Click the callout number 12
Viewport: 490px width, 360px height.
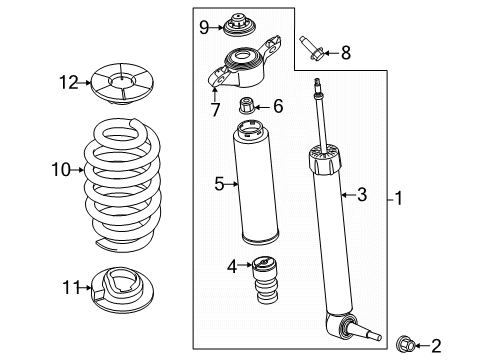point(69,82)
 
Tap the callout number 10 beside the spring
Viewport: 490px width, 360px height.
point(61,170)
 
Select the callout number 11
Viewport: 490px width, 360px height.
point(72,287)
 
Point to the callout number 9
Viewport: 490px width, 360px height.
point(204,27)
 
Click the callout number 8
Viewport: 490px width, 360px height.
point(346,53)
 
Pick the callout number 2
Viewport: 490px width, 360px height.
point(436,346)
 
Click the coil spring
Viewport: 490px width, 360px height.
point(122,185)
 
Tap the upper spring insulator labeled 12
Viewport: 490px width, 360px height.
point(122,83)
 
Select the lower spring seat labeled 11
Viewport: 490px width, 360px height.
point(122,290)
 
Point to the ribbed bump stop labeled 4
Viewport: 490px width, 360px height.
point(266,280)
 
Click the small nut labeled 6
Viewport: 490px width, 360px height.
point(247,105)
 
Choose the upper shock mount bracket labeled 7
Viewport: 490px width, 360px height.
point(244,63)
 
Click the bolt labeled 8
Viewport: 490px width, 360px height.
point(311,49)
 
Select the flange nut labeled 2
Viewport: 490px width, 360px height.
point(405,344)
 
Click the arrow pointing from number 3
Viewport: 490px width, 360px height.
point(348,195)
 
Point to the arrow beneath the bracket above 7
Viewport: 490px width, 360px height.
point(215,93)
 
